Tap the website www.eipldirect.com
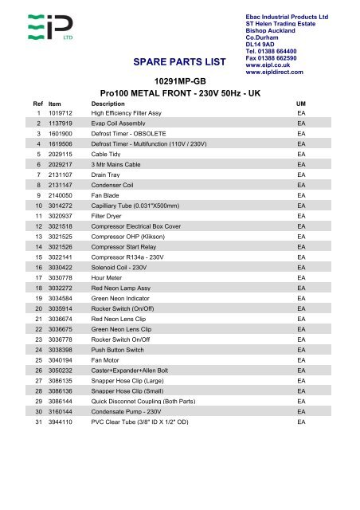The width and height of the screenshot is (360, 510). [x=276, y=72]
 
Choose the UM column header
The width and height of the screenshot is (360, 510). [x=301, y=104]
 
